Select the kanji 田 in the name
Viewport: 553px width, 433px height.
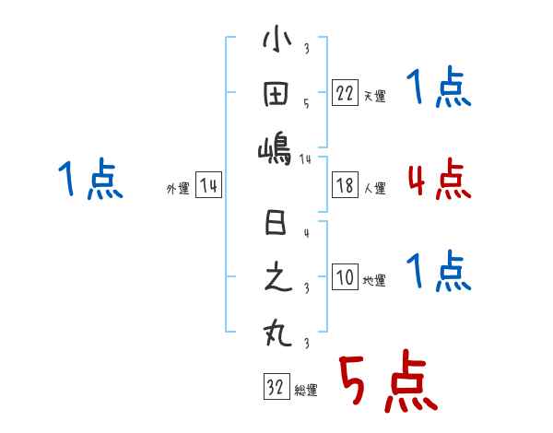pos(276,95)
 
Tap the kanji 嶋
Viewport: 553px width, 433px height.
pos(276,147)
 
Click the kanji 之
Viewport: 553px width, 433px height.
pos(276,278)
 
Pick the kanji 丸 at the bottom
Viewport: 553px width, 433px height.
pos(276,333)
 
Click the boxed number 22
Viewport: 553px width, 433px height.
pos(345,93)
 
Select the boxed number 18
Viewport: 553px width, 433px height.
pos(345,186)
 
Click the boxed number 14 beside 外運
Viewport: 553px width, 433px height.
pos(208,186)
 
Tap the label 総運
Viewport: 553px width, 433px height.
pos(306,391)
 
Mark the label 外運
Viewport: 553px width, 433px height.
pos(177,189)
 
